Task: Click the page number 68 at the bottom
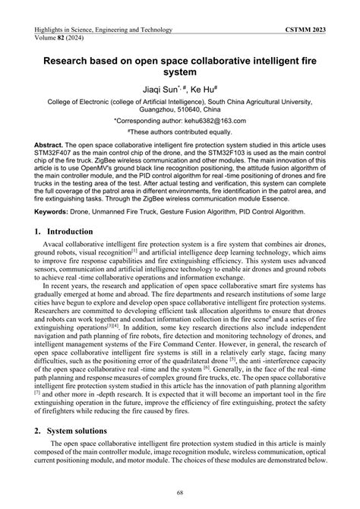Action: click(x=180, y=492)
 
